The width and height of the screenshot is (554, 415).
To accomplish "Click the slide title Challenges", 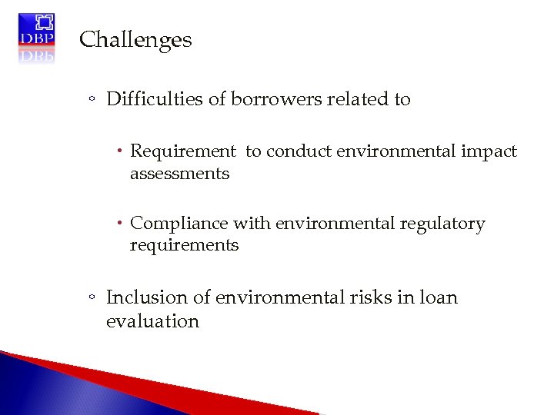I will pos(135,40).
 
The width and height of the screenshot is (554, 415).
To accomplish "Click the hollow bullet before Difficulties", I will pos(92,100).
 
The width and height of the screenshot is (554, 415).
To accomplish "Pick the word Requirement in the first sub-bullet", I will pos(182,152).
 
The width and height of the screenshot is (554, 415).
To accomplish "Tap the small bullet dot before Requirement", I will pos(122,151).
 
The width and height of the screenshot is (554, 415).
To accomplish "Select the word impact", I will pos(491,152).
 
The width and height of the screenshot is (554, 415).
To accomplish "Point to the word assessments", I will pos(179,174).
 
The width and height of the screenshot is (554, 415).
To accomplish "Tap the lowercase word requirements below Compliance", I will pos(184,245).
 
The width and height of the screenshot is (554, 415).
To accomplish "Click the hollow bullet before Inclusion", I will pos(92,298).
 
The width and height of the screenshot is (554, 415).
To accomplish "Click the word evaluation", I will pos(152,321).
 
